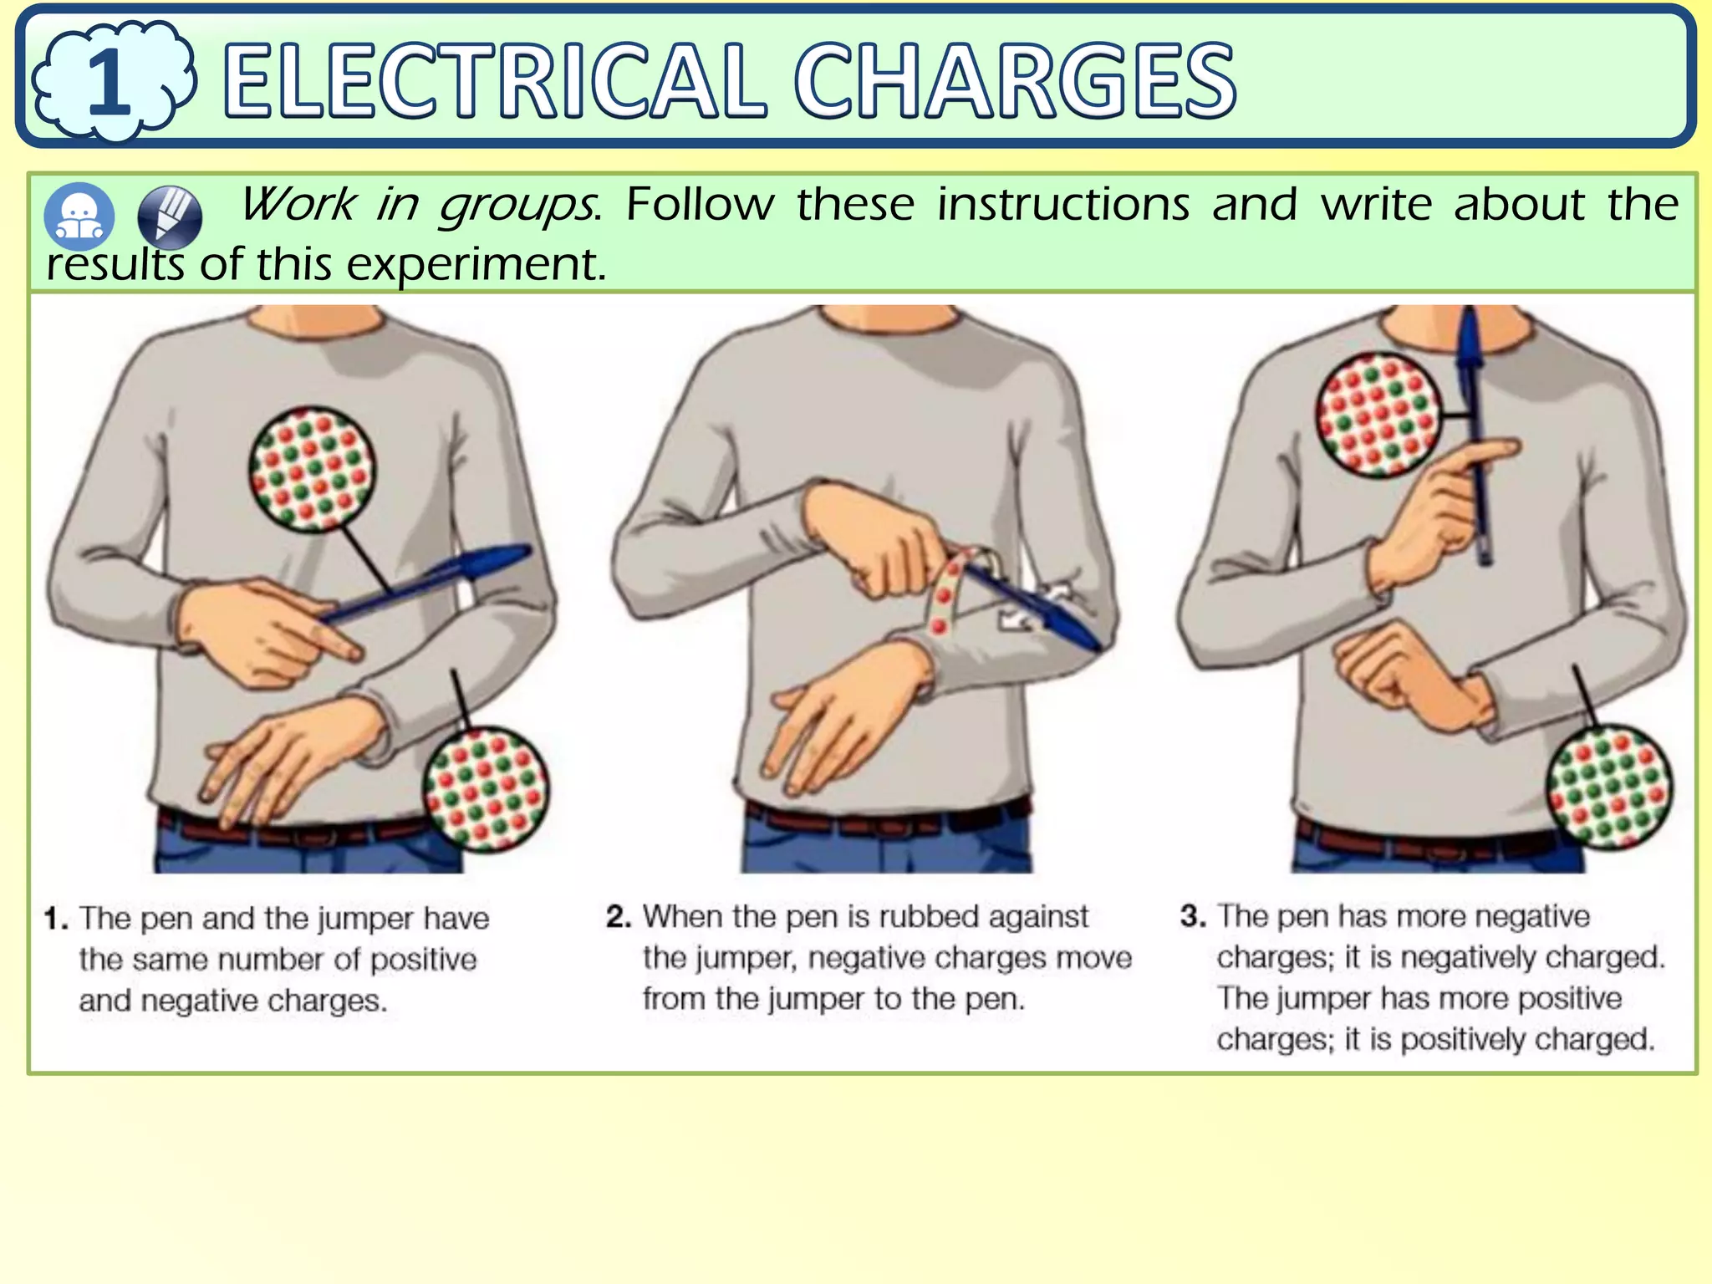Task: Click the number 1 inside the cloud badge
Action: click(x=110, y=82)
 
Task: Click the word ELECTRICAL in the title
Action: click(x=493, y=82)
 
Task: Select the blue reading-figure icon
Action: click(x=79, y=217)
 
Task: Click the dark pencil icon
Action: click(x=170, y=217)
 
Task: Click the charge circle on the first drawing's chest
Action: click(x=312, y=468)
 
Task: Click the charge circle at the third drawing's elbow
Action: click(x=1609, y=787)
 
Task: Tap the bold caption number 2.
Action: click(x=618, y=917)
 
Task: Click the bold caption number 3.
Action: click(x=1192, y=916)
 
